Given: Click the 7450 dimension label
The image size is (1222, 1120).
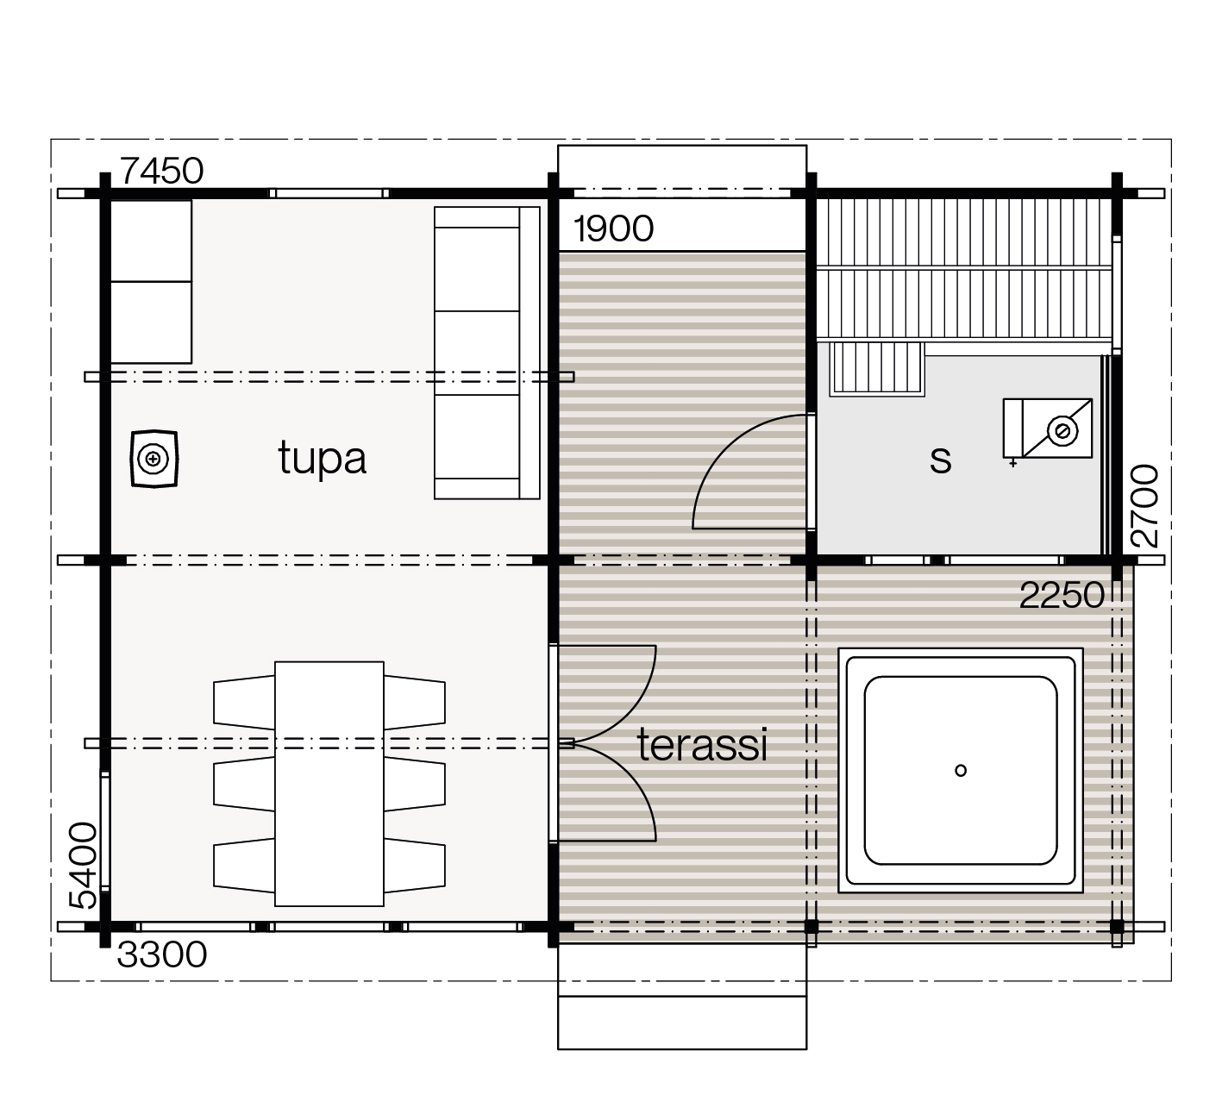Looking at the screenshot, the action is click(x=161, y=171).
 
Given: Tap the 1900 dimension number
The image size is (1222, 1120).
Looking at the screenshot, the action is click(x=613, y=229).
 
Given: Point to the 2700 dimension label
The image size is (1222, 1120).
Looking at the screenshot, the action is click(x=1144, y=505).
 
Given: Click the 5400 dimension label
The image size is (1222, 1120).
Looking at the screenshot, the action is click(x=84, y=866).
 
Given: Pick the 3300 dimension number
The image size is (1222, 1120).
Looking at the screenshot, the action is click(x=162, y=955).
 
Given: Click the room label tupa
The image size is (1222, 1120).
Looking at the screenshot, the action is click(x=323, y=460).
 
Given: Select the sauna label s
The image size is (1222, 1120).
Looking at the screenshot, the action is click(x=941, y=461).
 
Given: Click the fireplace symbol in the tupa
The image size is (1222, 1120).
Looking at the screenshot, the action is click(x=154, y=460).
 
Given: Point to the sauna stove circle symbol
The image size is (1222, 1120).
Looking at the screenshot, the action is click(x=1062, y=431).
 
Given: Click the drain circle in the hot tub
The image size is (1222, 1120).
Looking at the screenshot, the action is click(x=961, y=771).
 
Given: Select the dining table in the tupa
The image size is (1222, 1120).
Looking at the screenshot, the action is click(x=329, y=784).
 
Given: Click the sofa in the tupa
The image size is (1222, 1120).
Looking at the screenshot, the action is click(x=486, y=354).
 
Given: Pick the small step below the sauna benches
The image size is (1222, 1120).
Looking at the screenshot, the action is click(x=877, y=367).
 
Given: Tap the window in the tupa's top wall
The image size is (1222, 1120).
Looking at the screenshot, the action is click(x=329, y=194).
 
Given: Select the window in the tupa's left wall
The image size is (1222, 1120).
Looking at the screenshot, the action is click(x=105, y=831).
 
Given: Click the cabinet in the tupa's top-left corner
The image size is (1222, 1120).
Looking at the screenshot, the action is click(x=151, y=282).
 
